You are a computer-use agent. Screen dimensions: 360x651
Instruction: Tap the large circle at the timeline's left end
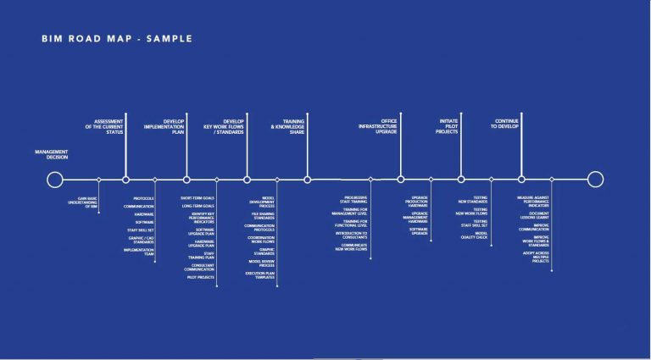click(55, 180)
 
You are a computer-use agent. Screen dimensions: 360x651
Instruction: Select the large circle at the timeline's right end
click(596, 179)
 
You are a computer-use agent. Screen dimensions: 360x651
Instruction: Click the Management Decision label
click(52, 155)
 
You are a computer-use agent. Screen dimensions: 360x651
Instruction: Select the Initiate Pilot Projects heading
click(449, 126)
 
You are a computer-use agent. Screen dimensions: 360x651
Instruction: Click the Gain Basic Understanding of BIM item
click(83, 203)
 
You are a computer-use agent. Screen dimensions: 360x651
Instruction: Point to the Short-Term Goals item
click(198, 197)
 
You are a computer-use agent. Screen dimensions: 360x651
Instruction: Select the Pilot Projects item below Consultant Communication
click(200, 277)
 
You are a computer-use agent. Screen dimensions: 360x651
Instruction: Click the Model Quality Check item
click(475, 236)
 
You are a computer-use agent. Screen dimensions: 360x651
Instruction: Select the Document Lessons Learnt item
click(533, 216)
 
